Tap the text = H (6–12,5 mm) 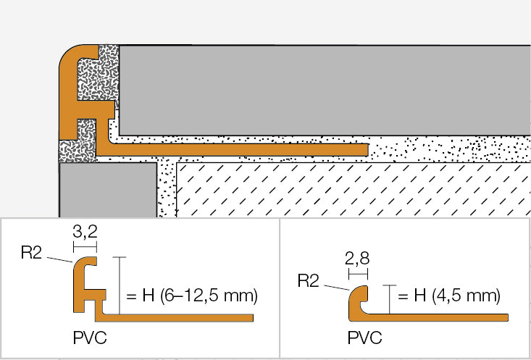(x=192, y=296)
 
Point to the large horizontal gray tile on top (x=322, y=89)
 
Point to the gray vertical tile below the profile (x=106, y=190)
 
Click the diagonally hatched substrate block (x=354, y=190)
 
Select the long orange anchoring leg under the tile (x=239, y=148)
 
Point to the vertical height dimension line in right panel (x=390, y=298)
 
